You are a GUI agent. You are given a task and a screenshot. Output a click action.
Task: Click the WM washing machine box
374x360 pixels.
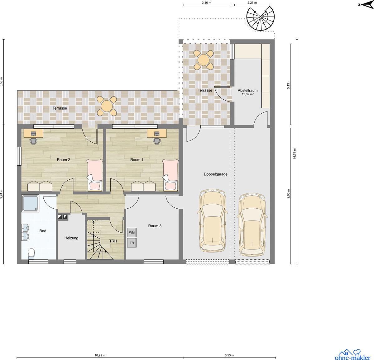(x=132, y=233)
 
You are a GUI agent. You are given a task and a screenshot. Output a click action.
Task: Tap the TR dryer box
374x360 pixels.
(x=132, y=243)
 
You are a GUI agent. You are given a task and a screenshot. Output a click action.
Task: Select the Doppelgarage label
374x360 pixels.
(x=215, y=174)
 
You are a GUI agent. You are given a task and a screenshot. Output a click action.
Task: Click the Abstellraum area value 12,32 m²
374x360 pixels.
(x=248, y=94)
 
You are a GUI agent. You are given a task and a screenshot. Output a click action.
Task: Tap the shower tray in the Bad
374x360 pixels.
(x=31, y=203)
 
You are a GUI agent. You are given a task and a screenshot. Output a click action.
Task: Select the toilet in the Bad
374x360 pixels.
(x=31, y=253)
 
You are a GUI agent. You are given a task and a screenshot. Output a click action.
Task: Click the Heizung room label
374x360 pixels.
(x=71, y=238)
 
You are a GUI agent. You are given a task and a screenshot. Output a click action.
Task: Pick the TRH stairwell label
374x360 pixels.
(x=113, y=241)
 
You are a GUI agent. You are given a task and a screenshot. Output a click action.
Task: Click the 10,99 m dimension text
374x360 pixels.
(x=100, y=355)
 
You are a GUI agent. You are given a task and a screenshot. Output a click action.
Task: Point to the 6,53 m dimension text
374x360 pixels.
(x=229, y=355)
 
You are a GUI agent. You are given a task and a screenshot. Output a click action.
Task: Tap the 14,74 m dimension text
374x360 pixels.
(x=295, y=154)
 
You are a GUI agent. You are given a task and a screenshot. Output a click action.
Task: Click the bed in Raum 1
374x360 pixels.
(x=170, y=175)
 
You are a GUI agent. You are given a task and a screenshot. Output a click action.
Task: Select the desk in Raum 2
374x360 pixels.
(x=33, y=133)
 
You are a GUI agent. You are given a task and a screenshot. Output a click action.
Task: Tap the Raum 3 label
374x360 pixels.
(x=155, y=226)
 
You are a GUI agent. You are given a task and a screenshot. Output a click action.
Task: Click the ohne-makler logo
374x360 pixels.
(x=352, y=355)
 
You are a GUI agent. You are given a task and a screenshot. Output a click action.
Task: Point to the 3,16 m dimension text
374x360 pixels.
(x=207, y=3)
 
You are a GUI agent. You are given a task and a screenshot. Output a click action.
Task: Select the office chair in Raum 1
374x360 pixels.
(x=157, y=141)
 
